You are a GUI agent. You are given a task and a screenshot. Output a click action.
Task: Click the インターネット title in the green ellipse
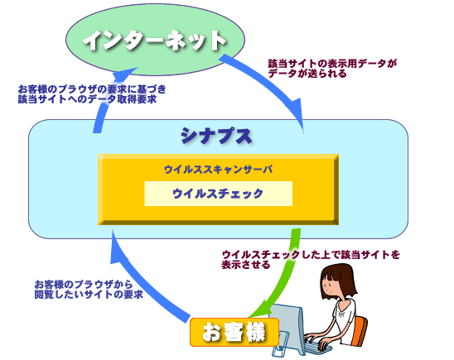click(154, 41)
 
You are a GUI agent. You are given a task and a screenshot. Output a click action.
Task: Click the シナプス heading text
click(216, 136)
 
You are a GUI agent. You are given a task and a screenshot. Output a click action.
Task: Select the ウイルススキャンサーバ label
click(219, 169)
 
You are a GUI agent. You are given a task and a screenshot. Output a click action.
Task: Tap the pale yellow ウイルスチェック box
click(219, 194)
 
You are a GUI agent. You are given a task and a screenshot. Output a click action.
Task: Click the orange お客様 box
click(234, 332)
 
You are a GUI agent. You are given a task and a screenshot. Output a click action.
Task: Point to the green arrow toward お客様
click(285, 277)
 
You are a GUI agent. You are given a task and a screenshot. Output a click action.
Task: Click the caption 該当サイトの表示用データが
click(332, 64)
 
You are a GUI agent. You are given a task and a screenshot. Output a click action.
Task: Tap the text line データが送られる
click(307, 74)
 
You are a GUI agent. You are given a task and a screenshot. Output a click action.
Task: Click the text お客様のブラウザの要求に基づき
click(92, 89)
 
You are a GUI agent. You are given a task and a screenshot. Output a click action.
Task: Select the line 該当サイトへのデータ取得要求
click(87, 99)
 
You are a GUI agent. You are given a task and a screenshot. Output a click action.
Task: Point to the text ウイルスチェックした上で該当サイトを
click(311, 255)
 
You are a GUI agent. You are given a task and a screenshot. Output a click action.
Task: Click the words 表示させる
click(246, 265)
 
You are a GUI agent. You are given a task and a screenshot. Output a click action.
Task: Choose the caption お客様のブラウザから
click(84, 284)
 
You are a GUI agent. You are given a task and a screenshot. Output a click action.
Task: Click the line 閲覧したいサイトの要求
click(89, 295)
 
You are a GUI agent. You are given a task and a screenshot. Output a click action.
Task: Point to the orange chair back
click(359, 331)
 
